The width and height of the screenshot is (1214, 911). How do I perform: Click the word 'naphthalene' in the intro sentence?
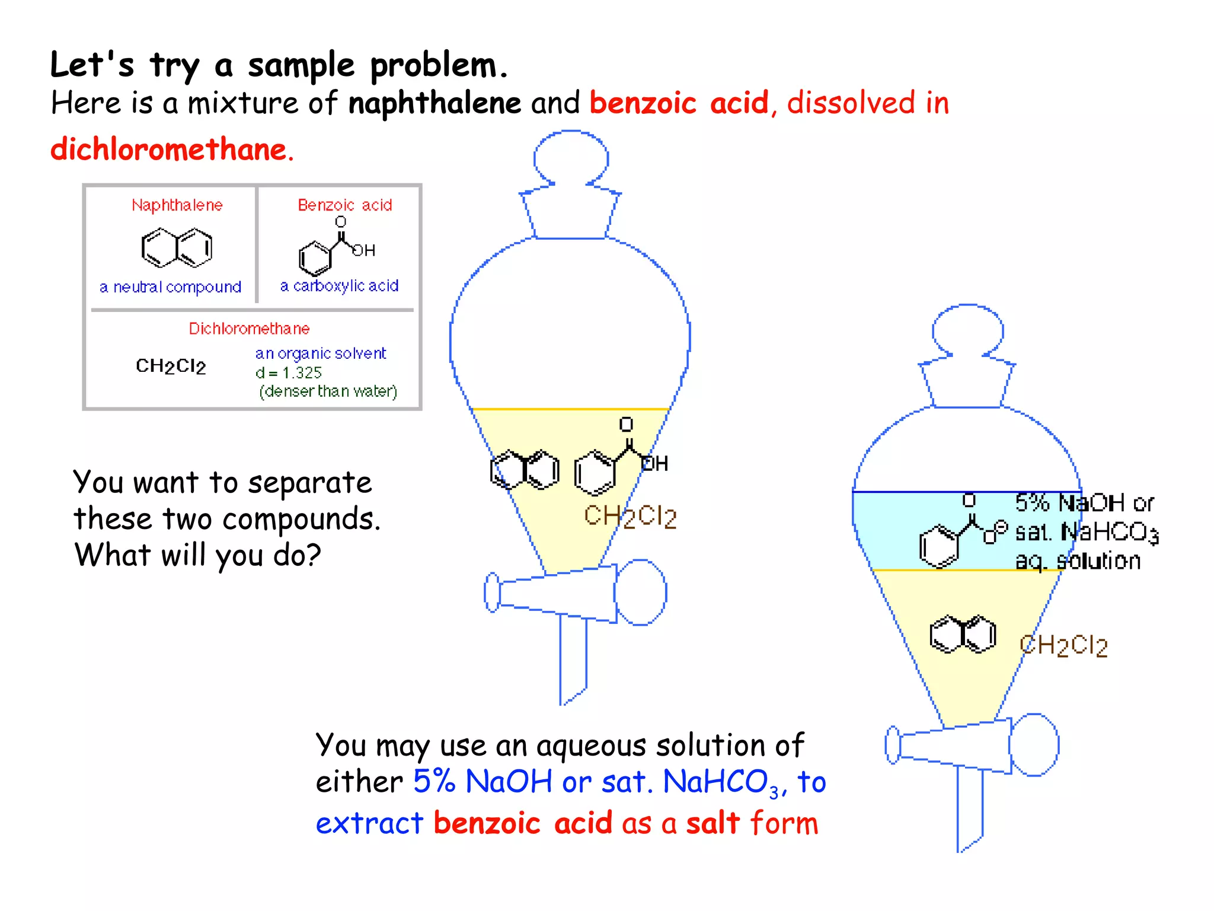pyautogui.click(x=435, y=103)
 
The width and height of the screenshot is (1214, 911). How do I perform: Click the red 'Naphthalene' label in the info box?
pyautogui.click(x=177, y=205)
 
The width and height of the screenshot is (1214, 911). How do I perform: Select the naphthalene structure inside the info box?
pyautogui.click(x=177, y=247)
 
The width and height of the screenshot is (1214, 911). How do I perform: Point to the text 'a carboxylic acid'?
pyautogui.click(x=339, y=286)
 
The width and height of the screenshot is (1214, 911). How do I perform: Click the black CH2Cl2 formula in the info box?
pyautogui.click(x=171, y=366)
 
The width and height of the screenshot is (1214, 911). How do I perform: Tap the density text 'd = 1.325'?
pyautogui.click(x=289, y=372)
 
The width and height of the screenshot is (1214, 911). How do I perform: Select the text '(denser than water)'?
pyautogui.click(x=328, y=391)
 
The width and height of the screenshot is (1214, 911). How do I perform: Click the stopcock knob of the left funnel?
pyautogui.click(x=640, y=592)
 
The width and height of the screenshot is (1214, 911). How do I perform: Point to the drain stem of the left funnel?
pyautogui.click(x=573, y=658)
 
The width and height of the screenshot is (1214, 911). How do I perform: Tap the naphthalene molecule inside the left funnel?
pyautogui.click(x=525, y=470)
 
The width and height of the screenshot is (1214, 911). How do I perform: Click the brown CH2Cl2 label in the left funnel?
pyautogui.click(x=630, y=517)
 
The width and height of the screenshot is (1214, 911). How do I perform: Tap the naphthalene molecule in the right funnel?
pyautogui.click(x=963, y=635)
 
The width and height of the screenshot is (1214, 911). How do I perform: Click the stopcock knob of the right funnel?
pyautogui.click(x=1034, y=745)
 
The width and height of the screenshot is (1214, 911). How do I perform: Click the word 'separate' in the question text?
pyautogui.click(x=309, y=483)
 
